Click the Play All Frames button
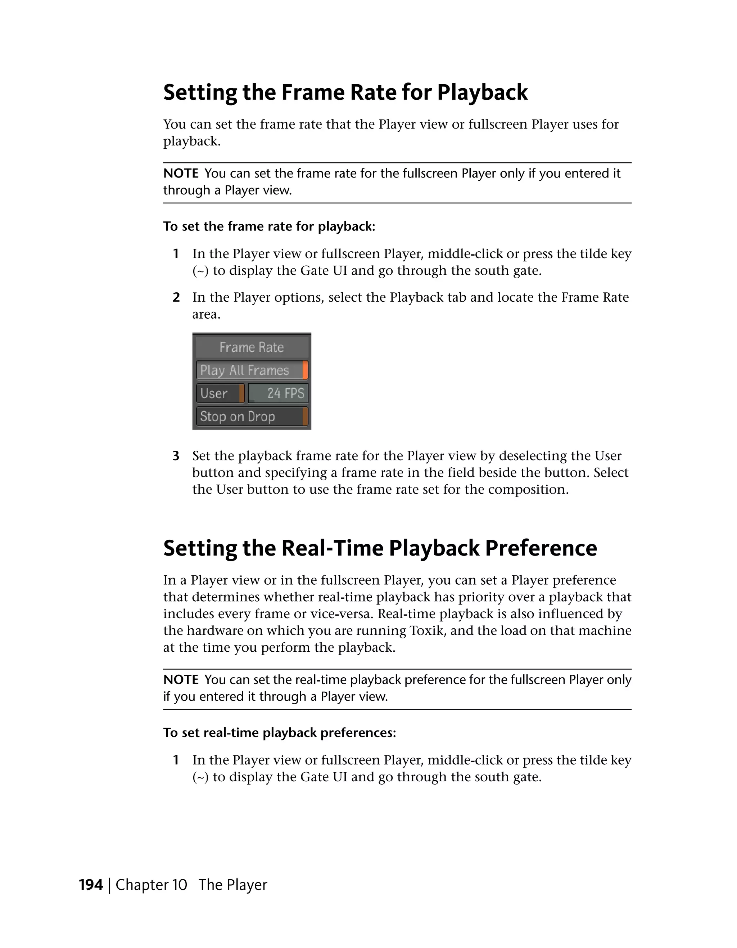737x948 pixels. coord(251,370)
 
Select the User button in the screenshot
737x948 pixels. coord(220,393)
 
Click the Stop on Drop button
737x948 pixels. coord(251,417)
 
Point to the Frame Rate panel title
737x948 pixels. coord(251,347)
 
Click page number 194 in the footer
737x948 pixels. coord(91,885)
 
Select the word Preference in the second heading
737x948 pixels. coord(541,548)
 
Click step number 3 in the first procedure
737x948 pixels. coord(176,456)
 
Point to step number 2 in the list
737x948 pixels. coord(176,297)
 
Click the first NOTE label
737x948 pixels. coord(180,174)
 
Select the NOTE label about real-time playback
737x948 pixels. coord(180,680)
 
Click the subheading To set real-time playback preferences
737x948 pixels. coord(279,733)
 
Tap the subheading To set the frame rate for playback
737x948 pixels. coord(269,226)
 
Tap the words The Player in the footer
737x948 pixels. coord(232,885)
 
